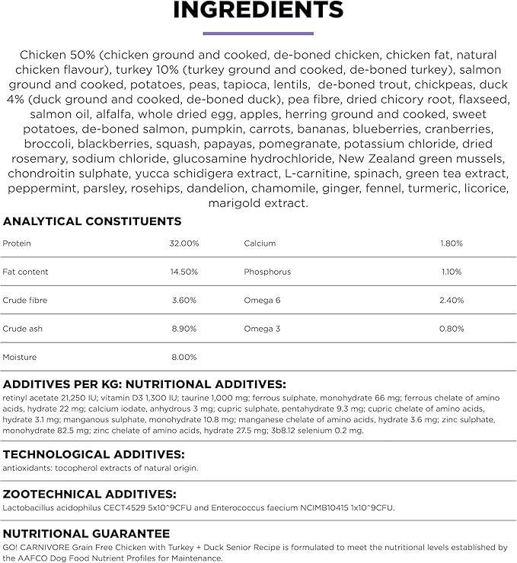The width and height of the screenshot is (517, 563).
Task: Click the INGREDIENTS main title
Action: coord(258,11)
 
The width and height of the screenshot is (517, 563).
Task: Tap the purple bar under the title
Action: coord(258,33)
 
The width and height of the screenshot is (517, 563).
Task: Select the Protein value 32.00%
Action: coord(184,243)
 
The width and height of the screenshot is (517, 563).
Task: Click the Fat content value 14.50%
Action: coord(184,272)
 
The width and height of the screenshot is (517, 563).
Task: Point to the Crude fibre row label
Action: coord(24,301)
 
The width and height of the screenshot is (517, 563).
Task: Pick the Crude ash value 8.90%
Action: coord(184,329)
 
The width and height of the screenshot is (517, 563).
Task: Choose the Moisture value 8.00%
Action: coord(184,357)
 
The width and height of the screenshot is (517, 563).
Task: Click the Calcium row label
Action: coord(260,243)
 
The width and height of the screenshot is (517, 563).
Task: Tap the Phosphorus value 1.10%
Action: coord(452,272)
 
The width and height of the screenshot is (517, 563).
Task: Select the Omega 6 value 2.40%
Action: coord(452,301)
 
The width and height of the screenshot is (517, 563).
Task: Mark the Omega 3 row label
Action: coord(262,329)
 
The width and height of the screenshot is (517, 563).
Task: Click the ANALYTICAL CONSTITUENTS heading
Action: coord(92,221)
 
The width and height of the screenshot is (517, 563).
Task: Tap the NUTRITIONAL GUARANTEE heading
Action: coord(86,533)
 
